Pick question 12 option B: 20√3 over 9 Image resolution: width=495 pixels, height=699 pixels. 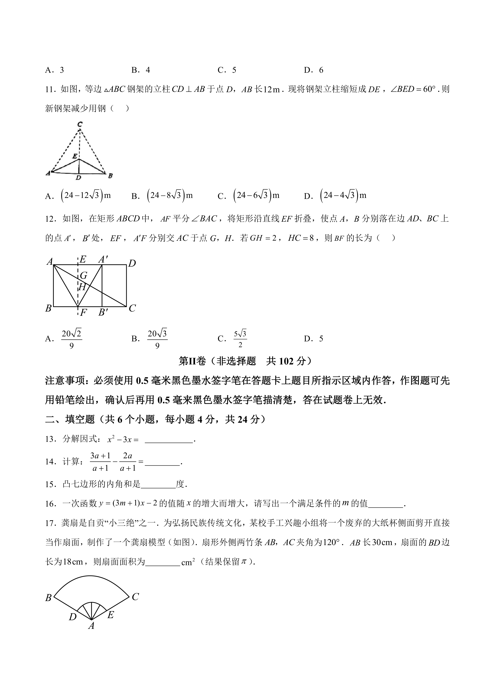pyautogui.click(x=157, y=339)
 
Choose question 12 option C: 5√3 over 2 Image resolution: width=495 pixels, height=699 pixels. pyautogui.click(x=240, y=339)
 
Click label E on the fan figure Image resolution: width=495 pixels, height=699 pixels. pyautogui.click(x=110, y=615)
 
